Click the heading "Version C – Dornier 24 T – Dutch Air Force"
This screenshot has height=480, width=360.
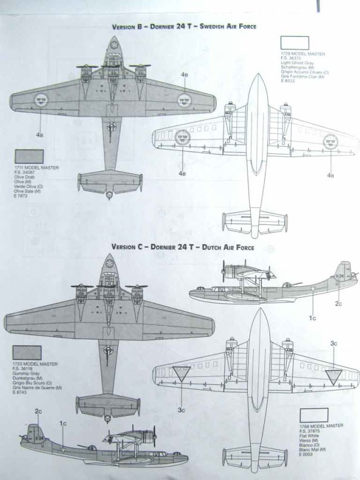tap(183, 247)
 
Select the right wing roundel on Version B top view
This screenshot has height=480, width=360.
tap(184, 100)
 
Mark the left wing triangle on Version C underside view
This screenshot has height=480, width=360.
tap(181, 374)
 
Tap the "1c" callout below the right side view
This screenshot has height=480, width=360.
tap(314, 317)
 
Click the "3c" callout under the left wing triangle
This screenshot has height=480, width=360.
tap(181, 410)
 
